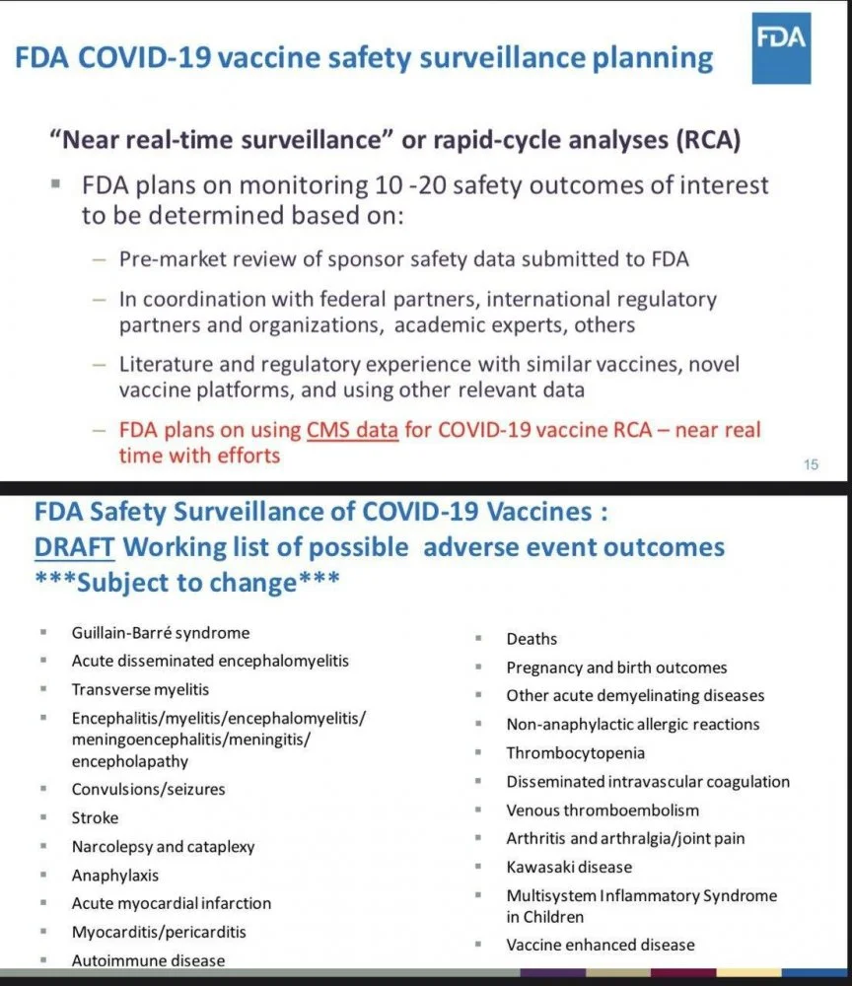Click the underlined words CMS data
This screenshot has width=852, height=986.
(x=352, y=430)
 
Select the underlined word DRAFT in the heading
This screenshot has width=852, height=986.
(x=74, y=546)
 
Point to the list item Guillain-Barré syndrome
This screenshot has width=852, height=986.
(x=160, y=633)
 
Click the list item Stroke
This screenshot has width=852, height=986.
(x=95, y=817)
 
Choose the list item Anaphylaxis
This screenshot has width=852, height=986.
(x=114, y=875)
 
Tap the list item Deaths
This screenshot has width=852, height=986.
(x=532, y=639)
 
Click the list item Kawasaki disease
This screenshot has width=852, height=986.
(x=569, y=867)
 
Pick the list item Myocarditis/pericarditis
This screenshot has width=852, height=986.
(x=159, y=932)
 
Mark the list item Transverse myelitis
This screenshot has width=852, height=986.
(x=140, y=689)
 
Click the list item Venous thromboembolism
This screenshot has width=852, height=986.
(x=603, y=810)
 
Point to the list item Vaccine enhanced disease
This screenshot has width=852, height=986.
(x=601, y=945)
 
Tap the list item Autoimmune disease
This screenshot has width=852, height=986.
(x=148, y=960)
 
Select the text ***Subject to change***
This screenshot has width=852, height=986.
(x=187, y=582)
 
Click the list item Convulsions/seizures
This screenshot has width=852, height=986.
(x=148, y=789)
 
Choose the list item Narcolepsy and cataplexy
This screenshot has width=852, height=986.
(x=163, y=846)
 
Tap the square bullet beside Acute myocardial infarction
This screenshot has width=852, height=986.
(x=45, y=902)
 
